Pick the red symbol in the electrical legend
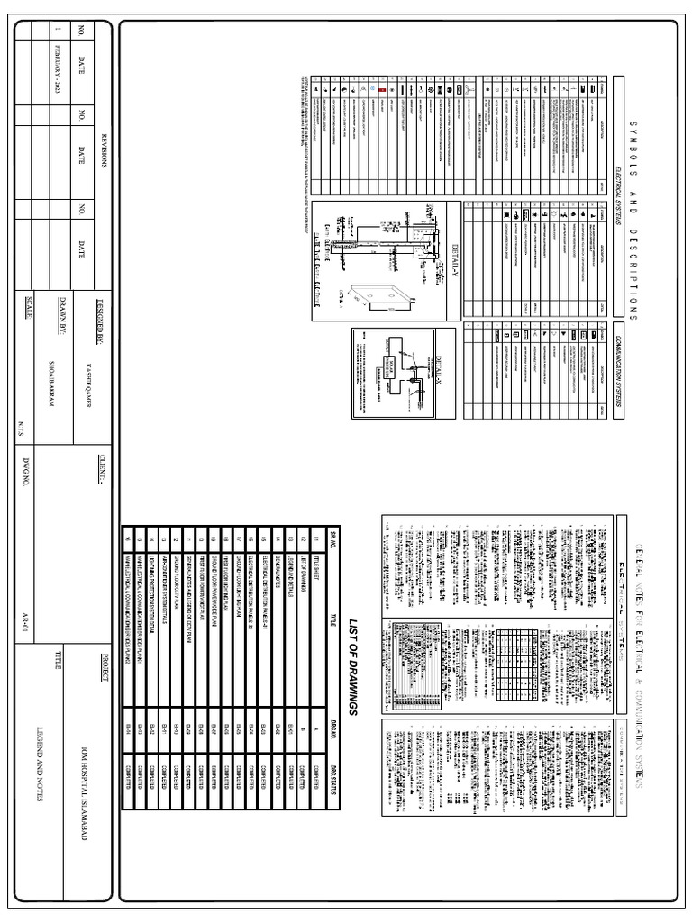click(x=382, y=91)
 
